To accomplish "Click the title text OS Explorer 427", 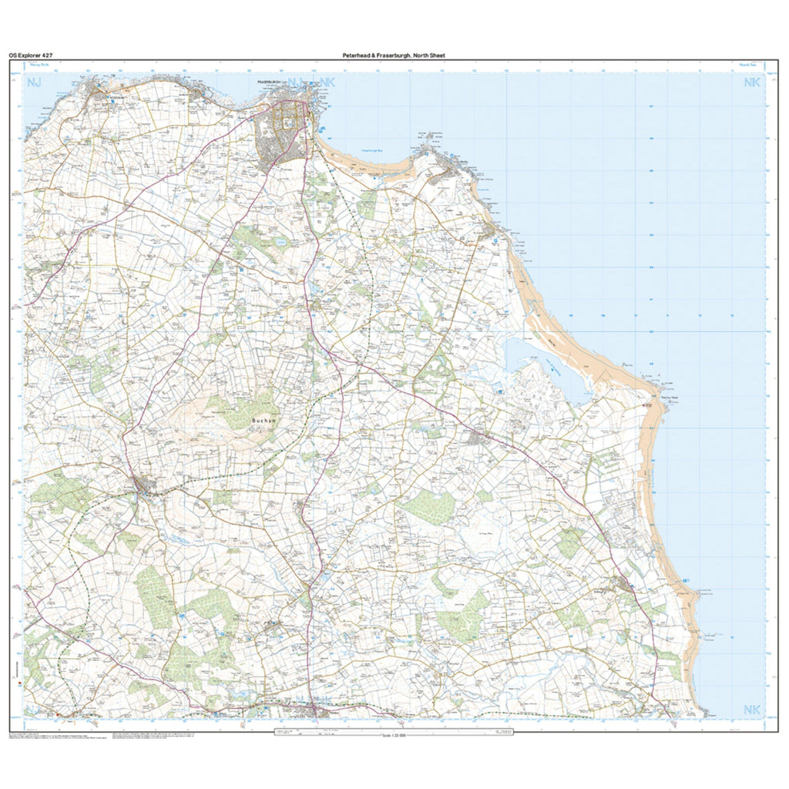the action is tap(31, 55).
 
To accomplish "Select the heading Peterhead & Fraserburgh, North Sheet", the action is tap(394, 55).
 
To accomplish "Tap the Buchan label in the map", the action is tap(260, 421).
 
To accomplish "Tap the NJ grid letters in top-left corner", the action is tap(35, 82).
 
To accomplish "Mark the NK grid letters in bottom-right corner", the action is tap(750, 709).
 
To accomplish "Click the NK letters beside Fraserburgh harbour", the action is tap(327, 82).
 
